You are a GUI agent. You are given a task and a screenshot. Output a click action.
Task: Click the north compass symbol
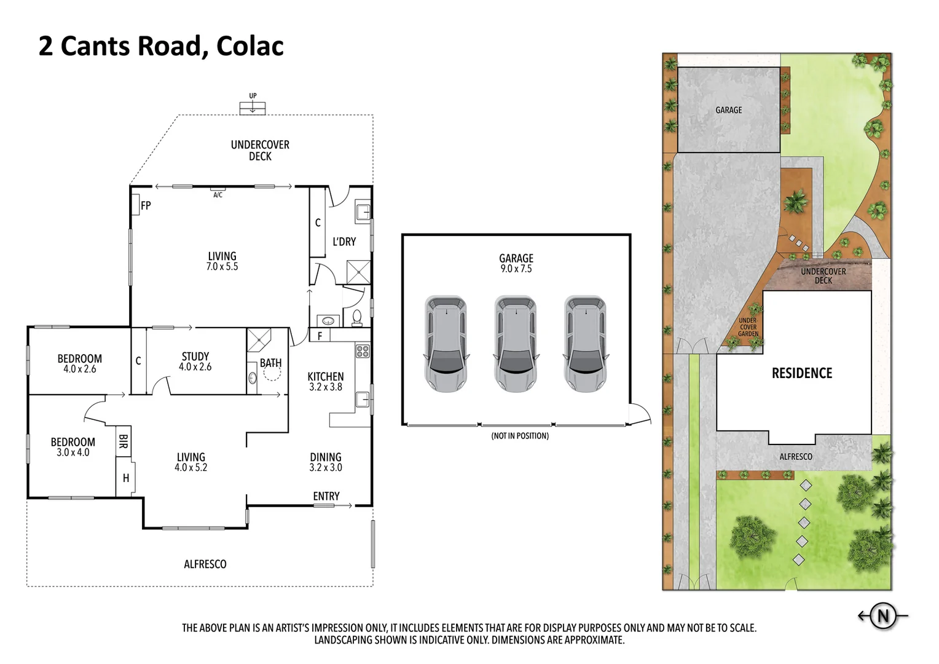coord(883,615)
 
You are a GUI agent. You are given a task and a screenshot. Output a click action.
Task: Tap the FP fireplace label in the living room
coord(146,206)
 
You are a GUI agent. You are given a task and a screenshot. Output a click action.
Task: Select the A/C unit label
coord(218,195)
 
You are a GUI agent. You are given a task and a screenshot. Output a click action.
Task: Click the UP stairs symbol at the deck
coord(253,106)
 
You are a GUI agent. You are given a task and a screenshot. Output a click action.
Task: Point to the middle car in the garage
coord(516,344)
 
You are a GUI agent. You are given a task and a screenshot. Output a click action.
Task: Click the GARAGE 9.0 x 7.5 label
coord(516,263)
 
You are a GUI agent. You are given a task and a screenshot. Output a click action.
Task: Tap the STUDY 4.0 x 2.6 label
coord(195,362)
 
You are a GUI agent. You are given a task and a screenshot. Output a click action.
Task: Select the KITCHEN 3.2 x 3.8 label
coord(326,381)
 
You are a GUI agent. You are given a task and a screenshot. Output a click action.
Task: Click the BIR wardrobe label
coord(123,441)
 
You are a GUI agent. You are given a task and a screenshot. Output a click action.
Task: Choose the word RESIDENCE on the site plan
coord(802,373)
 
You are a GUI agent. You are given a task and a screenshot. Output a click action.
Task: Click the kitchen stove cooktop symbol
coord(363,351)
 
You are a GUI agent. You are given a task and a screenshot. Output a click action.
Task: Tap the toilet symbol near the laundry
coord(357,317)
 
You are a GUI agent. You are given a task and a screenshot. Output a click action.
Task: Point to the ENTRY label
coord(326,496)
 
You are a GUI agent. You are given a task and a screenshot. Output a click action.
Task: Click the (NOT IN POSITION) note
coord(520,436)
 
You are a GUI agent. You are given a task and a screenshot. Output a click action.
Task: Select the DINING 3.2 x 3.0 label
coord(326,462)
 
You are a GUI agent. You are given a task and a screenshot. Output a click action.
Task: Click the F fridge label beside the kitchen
coord(320,336)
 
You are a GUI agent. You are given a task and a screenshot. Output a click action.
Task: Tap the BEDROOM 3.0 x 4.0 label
coord(73,447)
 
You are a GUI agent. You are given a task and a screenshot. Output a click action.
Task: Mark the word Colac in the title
coord(249,46)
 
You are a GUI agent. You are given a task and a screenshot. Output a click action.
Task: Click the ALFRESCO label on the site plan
coord(796,457)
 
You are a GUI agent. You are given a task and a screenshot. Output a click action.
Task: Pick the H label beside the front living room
coord(126,478)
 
